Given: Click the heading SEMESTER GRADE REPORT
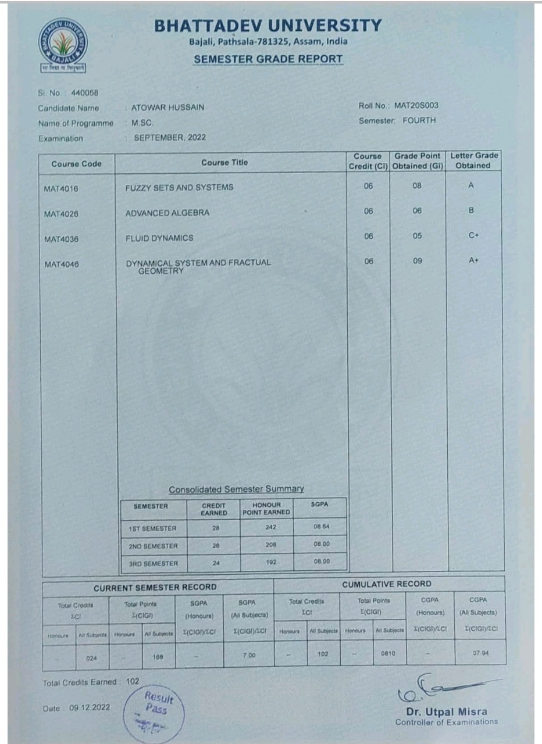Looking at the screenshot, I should (x=268, y=59).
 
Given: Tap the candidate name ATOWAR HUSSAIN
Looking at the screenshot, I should (x=167, y=108).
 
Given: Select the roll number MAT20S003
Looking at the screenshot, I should (x=416, y=105).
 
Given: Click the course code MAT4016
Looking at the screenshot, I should (x=61, y=188).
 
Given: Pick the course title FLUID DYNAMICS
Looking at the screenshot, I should (x=159, y=238).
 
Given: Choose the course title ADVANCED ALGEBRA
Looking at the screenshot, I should (x=167, y=213).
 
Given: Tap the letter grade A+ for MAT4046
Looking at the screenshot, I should (x=473, y=261).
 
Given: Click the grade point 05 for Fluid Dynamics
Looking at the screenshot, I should (x=418, y=236).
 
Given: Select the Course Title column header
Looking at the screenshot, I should (x=224, y=163).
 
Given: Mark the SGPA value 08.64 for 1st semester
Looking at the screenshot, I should (x=320, y=528).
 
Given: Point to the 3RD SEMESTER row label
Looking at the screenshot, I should (x=153, y=563).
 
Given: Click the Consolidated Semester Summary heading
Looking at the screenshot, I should (x=236, y=489).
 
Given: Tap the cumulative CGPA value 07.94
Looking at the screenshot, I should (x=480, y=653).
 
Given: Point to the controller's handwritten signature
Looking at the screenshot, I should (x=442, y=689).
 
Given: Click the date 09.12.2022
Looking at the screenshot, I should (x=90, y=709).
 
